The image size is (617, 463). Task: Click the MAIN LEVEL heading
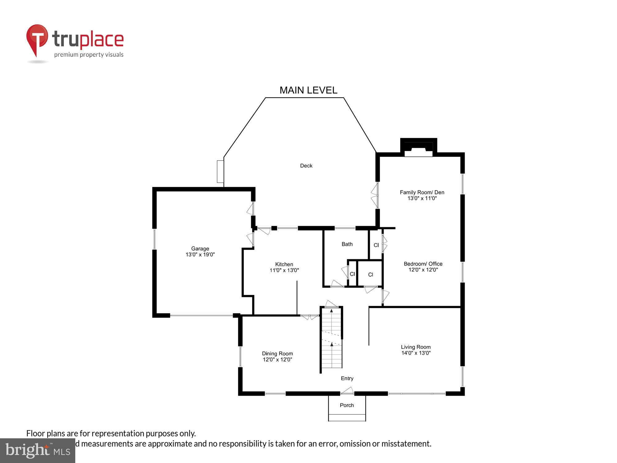[x=308, y=90]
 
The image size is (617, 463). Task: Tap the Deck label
[x=306, y=166]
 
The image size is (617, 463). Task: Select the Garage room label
[x=200, y=248]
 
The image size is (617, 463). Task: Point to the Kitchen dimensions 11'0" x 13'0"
[x=284, y=270]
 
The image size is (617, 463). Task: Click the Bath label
[x=347, y=244]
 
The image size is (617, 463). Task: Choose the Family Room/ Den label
[x=422, y=192]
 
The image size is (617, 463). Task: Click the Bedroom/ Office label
[x=423, y=264]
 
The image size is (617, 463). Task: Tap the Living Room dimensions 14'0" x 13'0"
[x=416, y=353]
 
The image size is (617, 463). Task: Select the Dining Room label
[x=277, y=353]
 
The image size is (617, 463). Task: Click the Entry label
[x=347, y=378]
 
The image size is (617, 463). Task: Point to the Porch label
[x=347, y=405]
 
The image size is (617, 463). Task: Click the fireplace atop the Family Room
[x=418, y=148]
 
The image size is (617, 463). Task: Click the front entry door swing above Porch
[x=347, y=391]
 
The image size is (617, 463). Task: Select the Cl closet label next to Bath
[x=376, y=245]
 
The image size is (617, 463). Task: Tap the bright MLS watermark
[x=37, y=451]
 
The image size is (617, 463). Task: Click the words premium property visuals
[x=89, y=55]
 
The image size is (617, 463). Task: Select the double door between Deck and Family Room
[x=375, y=195]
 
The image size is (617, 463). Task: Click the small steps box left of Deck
[x=220, y=172]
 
